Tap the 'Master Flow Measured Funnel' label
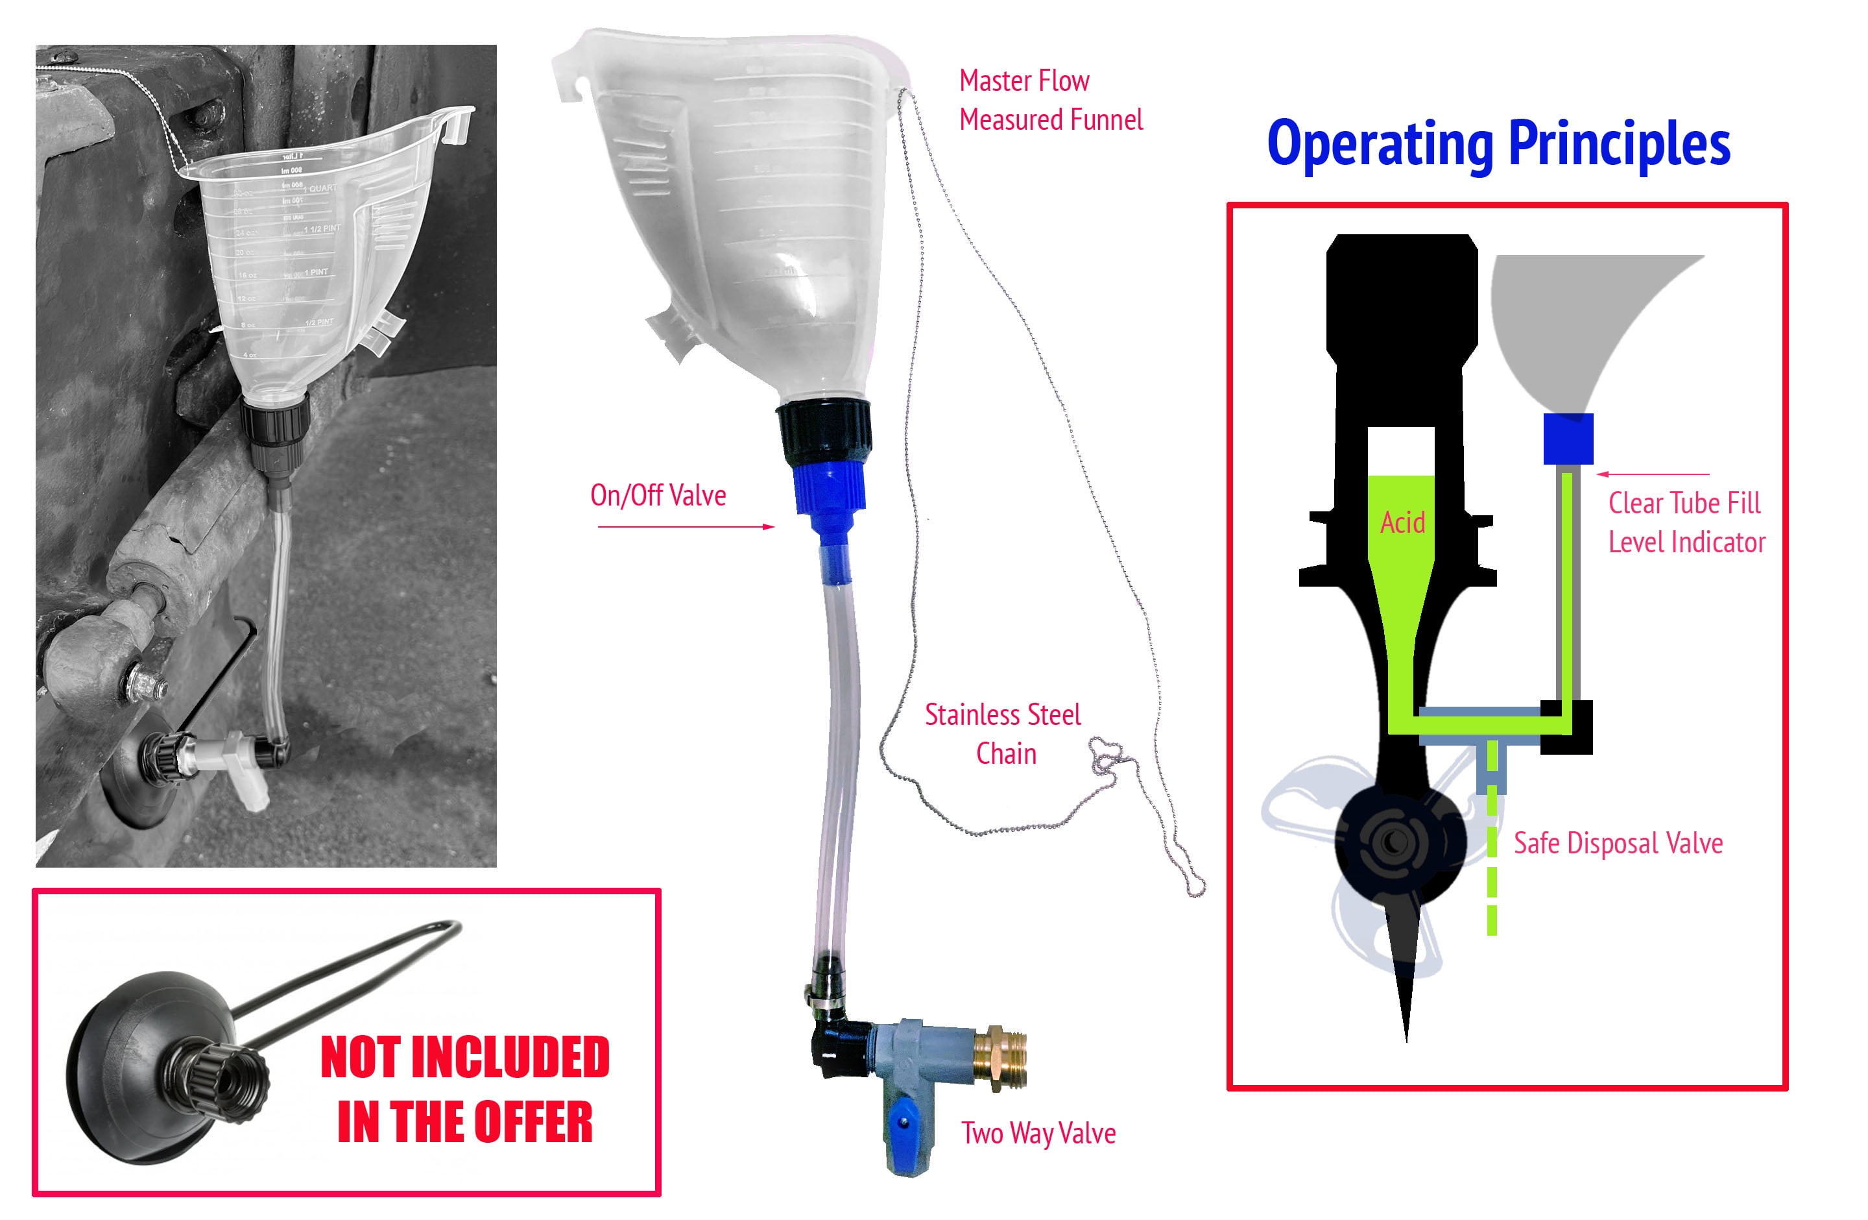click(1050, 101)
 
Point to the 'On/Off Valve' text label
click(658, 495)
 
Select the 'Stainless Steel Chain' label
click(1002, 734)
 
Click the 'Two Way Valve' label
click(1038, 1133)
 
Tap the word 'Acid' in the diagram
click(1402, 522)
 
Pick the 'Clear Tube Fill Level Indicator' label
click(1686, 522)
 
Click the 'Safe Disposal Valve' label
click(1618, 843)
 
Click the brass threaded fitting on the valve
click(1000, 1056)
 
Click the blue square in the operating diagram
click(1568, 438)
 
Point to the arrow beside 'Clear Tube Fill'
click(1652, 474)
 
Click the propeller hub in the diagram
click(1394, 842)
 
